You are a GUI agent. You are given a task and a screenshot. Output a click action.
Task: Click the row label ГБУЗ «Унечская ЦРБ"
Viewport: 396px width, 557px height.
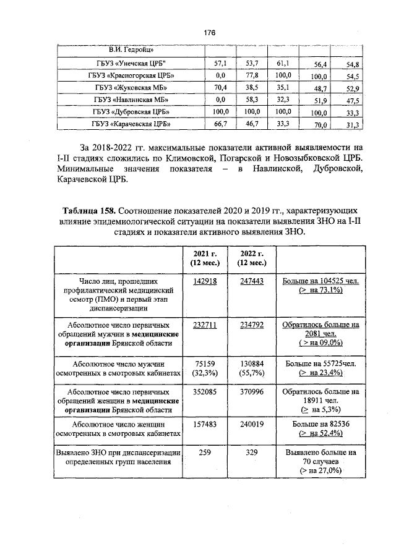pyautogui.click(x=131, y=64)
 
